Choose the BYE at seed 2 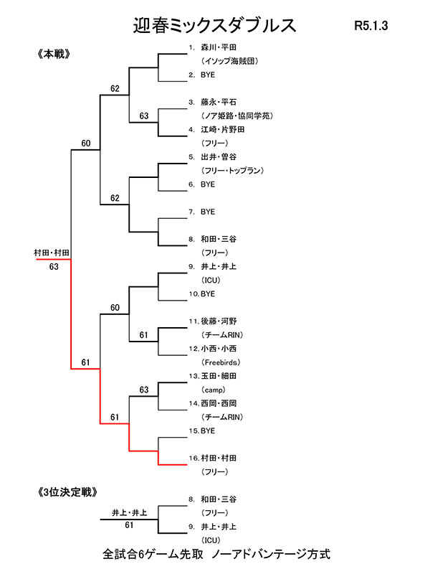pyautogui.click(x=208, y=75)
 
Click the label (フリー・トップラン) pyautogui.click(x=234, y=170)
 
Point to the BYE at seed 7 pyautogui.click(x=208, y=212)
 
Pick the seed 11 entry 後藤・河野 pyautogui.click(x=224, y=321)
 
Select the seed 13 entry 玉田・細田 pyautogui.click(x=224, y=376)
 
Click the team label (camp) pyautogui.click(x=214, y=390)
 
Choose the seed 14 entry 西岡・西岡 pyautogui.click(x=224, y=403)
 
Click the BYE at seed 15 pyautogui.click(x=208, y=430)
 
